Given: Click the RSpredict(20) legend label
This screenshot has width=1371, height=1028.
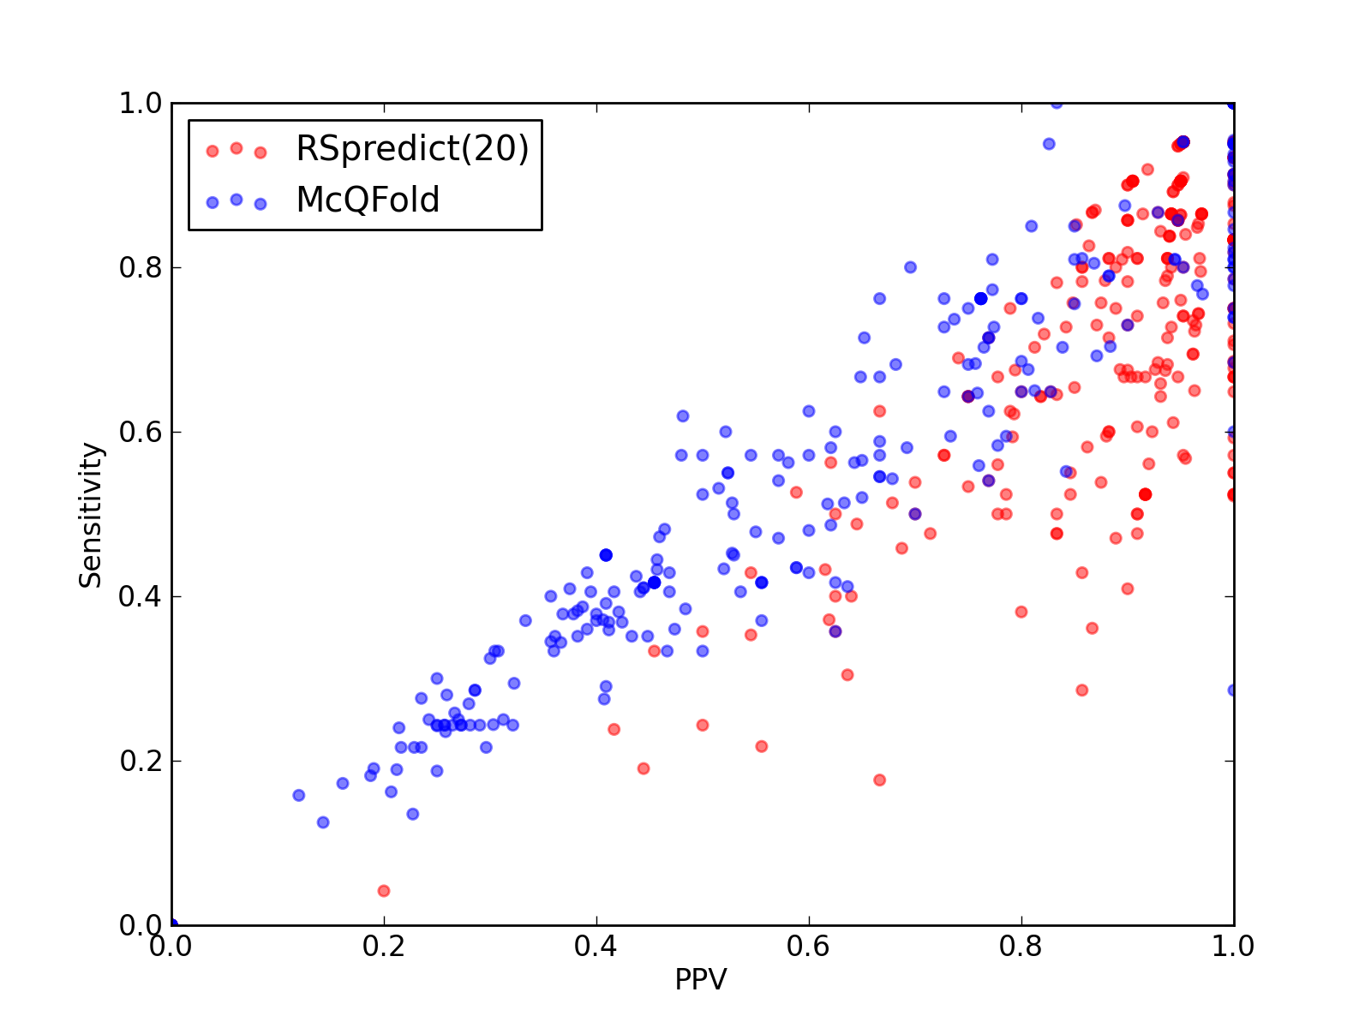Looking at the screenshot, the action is click(x=411, y=148).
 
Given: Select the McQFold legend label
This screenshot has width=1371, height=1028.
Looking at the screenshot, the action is click(x=368, y=200).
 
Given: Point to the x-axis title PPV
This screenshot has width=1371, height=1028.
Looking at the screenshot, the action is click(x=700, y=978).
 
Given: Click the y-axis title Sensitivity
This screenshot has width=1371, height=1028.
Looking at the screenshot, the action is click(x=91, y=515).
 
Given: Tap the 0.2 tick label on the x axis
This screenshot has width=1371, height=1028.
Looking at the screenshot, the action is click(x=383, y=947).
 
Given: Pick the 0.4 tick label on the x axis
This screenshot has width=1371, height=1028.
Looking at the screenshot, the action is click(x=596, y=947).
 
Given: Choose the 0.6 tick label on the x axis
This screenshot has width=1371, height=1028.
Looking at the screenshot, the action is click(x=808, y=947).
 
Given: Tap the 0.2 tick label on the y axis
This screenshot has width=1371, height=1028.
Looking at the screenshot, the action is click(x=141, y=761).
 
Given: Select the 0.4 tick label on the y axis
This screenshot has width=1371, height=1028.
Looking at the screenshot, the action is click(x=141, y=597).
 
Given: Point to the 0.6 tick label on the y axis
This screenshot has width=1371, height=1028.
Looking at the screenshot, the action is click(x=141, y=432).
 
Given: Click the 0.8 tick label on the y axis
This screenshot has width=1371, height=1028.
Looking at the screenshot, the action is click(x=141, y=268).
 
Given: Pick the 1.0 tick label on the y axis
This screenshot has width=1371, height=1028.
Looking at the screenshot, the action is click(x=141, y=103).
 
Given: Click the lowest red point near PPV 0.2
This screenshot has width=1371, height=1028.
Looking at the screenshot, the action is click(x=384, y=891).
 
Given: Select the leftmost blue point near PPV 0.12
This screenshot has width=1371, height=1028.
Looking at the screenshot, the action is click(x=298, y=795).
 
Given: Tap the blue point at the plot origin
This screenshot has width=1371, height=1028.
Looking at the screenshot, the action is click(x=172, y=924).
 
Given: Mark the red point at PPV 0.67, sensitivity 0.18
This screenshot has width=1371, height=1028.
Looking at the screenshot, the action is click(x=879, y=780).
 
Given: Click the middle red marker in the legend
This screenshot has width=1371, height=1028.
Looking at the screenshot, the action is click(x=236, y=148).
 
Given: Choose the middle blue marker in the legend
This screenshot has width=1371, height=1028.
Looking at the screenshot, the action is click(x=236, y=200).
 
